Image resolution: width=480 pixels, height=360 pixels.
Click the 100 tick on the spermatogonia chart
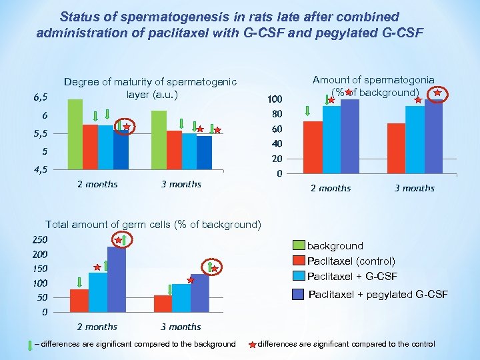tap(274, 99)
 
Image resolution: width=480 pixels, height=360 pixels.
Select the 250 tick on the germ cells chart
tap(40, 239)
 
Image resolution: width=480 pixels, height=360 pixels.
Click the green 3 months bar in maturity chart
tap(159, 140)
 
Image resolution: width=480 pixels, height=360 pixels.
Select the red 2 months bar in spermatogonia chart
tap(313, 147)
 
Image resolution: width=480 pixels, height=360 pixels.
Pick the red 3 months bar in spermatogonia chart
tap(396, 149)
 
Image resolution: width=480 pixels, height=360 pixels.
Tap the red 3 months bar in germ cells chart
tap(163, 303)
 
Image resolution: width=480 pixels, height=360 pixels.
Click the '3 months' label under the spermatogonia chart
tap(414, 189)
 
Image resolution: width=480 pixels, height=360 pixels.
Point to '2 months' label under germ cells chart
tap(97, 327)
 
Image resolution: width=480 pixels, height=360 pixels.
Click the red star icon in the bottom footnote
tap(252, 345)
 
